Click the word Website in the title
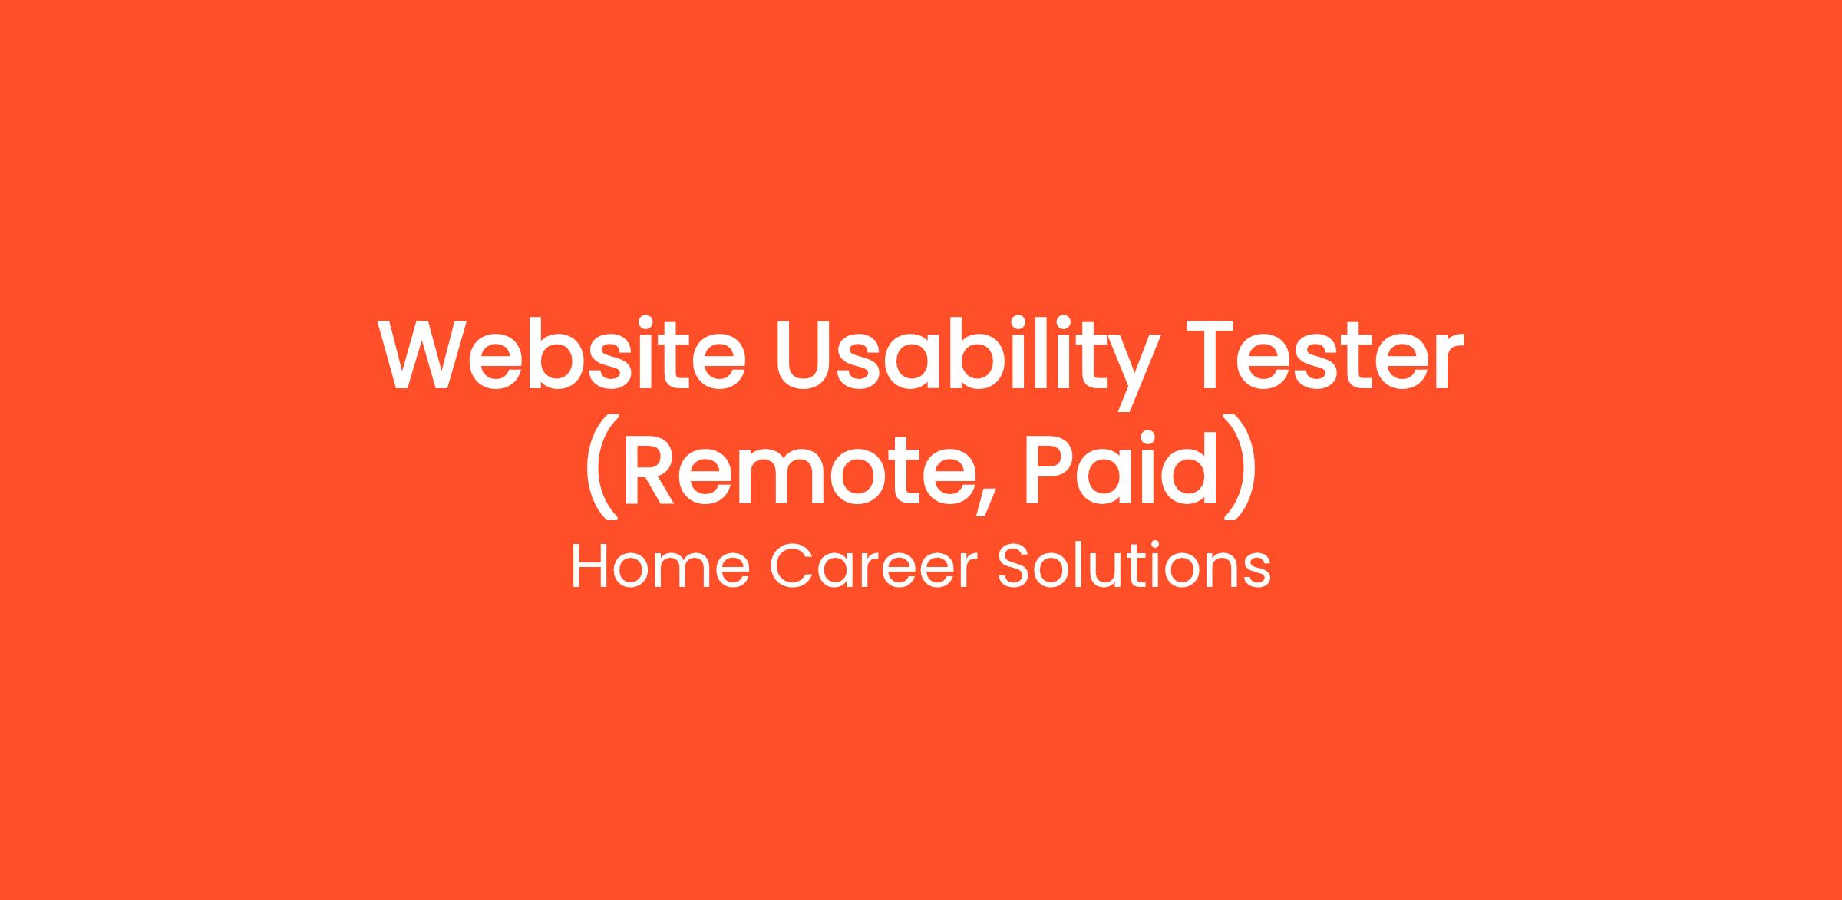(x=563, y=353)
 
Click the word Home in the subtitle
(x=660, y=568)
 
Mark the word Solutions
(x=1134, y=568)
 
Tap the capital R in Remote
(x=649, y=470)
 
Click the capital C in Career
(x=791, y=568)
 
